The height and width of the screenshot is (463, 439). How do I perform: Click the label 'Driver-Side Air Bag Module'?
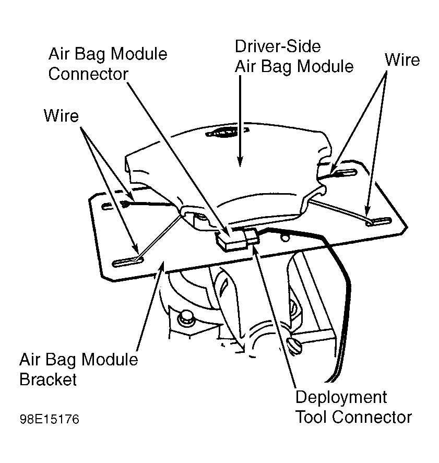[294, 56]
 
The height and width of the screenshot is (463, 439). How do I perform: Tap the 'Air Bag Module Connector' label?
[108, 64]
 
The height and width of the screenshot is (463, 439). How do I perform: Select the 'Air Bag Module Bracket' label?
[78, 369]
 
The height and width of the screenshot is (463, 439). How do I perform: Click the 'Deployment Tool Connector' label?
[353, 407]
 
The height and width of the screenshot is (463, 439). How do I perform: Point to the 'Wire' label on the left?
[61, 115]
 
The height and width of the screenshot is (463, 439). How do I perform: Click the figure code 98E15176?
[50, 420]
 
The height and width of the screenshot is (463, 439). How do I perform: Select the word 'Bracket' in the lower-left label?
[48, 379]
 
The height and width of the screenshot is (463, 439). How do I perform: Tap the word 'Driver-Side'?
[277, 46]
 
